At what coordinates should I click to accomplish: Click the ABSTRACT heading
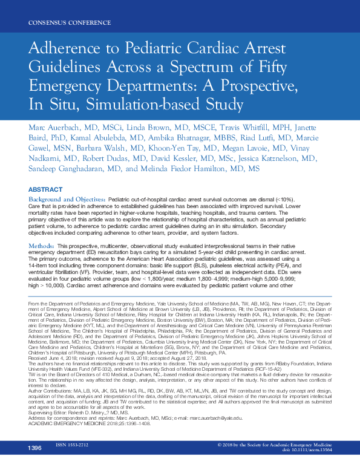[45, 189]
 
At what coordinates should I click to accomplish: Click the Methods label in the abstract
[41, 247]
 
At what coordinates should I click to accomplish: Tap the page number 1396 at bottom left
[34, 465]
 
